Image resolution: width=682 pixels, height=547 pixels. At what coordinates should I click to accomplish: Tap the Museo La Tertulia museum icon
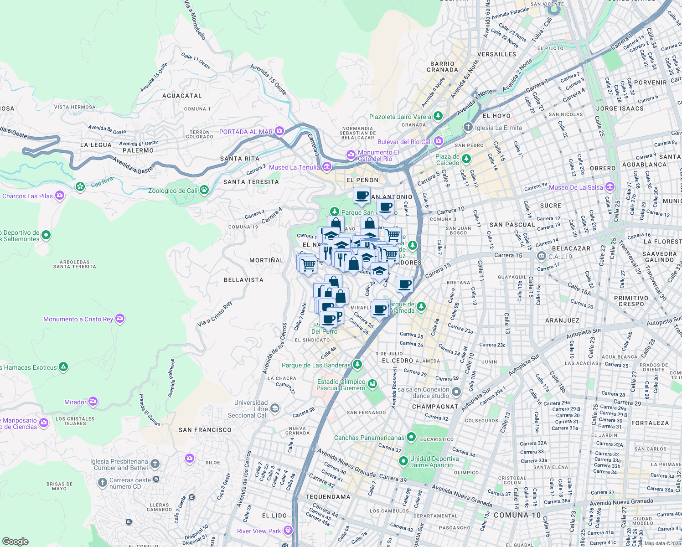[x=326, y=167]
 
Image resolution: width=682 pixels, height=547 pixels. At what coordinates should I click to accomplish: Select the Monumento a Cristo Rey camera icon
[x=120, y=319]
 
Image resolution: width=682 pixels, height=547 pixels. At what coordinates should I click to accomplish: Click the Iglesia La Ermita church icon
[x=468, y=127]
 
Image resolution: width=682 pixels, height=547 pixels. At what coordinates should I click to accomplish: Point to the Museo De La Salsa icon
[x=610, y=187]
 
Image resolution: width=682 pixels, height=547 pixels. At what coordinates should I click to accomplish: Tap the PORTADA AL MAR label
[x=246, y=132]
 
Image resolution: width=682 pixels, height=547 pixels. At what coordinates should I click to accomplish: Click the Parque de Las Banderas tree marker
[x=357, y=365]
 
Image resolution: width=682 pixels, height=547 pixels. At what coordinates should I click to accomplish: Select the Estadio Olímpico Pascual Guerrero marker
[x=372, y=384]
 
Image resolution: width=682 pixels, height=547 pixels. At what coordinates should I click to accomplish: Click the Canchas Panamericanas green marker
[x=411, y=438]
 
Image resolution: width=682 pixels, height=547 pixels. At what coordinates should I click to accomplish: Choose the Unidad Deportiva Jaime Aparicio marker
[x=403, y=461]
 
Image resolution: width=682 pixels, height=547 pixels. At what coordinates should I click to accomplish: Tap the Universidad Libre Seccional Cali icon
[x=274, y=408]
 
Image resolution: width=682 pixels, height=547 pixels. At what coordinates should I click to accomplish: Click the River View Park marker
[x=288, y=531]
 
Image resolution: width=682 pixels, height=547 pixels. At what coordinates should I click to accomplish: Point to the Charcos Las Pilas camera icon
[x=60, y=196]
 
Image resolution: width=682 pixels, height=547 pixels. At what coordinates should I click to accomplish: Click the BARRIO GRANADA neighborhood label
[x=442, y=67]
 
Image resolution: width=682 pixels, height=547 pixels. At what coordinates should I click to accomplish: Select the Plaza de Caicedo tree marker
[x=466, y=159]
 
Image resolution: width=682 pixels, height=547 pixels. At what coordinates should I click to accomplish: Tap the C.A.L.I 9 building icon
[x=541, y=256]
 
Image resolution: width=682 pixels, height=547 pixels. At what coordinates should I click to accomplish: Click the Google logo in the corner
[x=15, y=542]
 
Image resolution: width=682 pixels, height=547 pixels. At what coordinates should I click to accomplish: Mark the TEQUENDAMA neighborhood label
[x=328, y=497]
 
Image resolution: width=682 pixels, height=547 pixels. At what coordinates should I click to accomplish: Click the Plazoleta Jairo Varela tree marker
[x=438, y=116]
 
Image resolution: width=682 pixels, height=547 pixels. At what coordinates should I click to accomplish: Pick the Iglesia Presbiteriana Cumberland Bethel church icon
[x=155, y=464]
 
